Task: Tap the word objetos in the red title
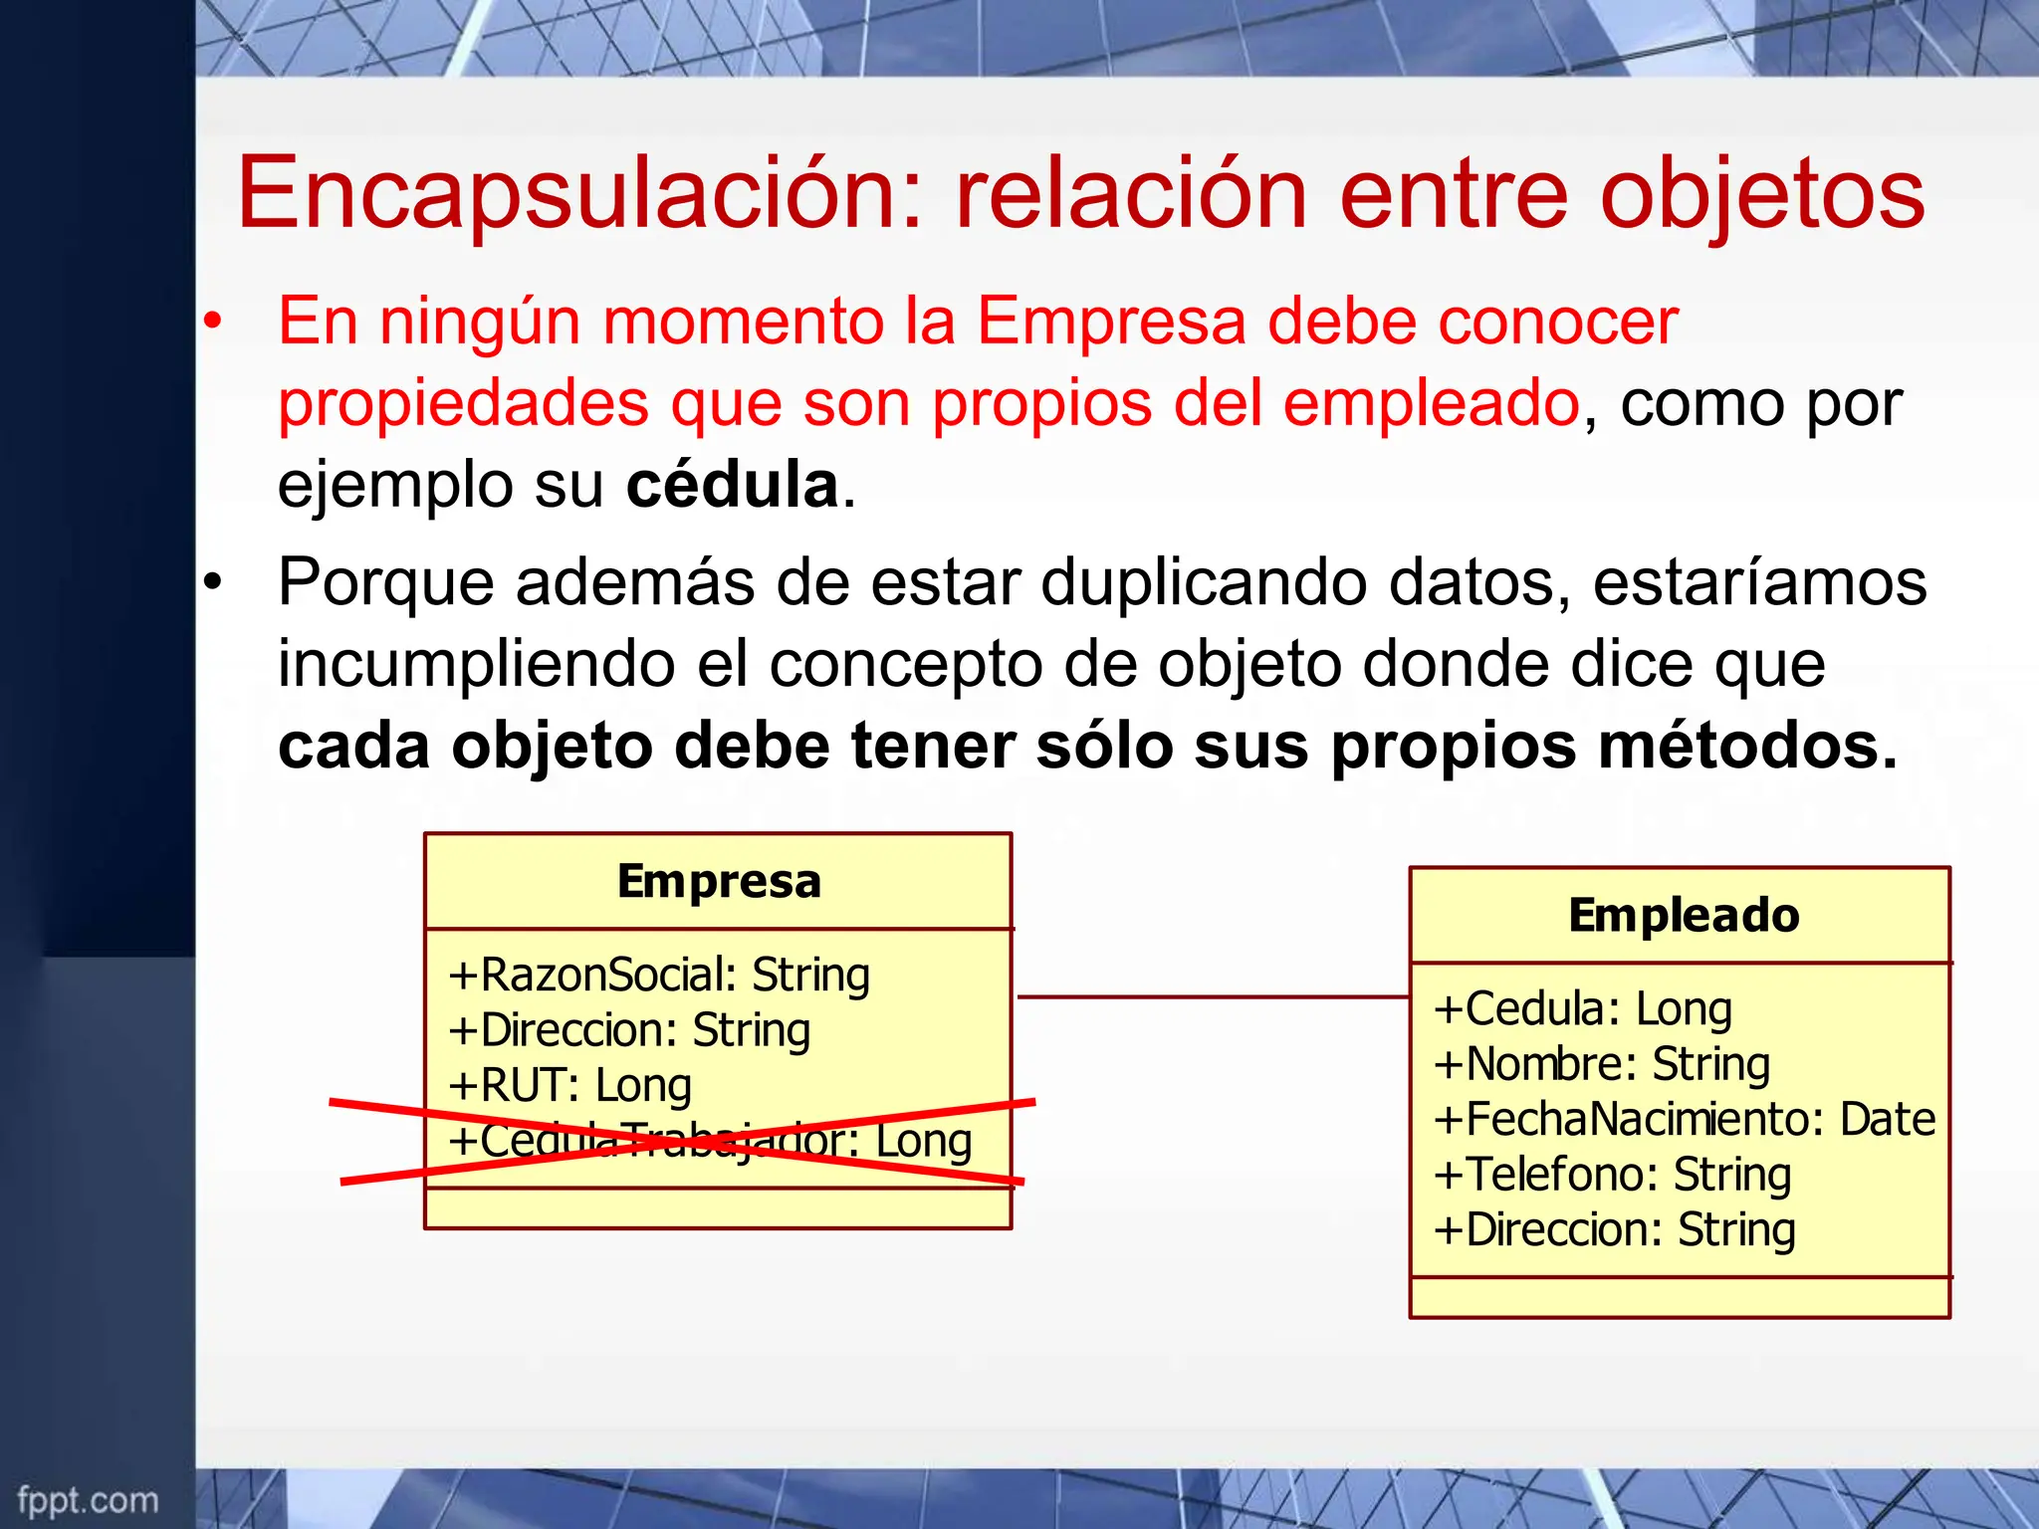(1762, 195)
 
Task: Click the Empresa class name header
(719, 881)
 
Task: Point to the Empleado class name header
(1684, 915)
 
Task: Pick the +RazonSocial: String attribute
(659, 975)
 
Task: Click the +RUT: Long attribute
(569, 1085)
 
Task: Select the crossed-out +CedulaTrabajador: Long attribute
(709, 1141)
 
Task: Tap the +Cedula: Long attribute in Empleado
(1583, 1008)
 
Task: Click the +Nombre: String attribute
(1602, 1064)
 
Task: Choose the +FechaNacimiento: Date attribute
(1684, 1119)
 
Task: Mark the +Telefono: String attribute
(1612, 1175)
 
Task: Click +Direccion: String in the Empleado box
(1614, 1229)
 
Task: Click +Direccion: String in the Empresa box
(629, 1030)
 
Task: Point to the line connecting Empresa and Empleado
(1212, 995)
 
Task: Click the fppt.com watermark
(88, 1500)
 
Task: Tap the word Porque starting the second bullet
(385, 582)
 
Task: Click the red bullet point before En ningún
(211, 323)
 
